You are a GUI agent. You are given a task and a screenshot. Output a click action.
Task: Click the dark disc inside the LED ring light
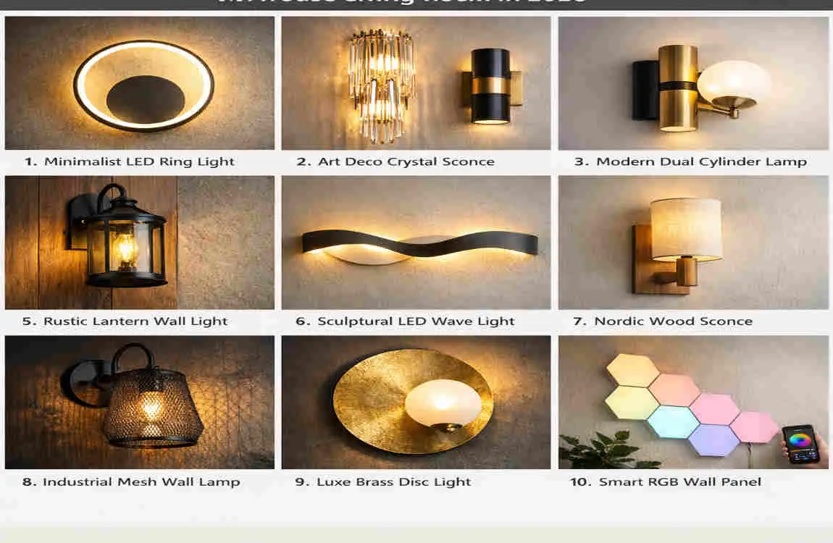tap(145, 99)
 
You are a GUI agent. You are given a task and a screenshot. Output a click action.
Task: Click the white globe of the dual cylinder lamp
tap(734, 81)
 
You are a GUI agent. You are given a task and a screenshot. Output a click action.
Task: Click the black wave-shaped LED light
tap(420, 243)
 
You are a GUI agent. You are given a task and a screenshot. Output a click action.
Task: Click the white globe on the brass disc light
tap(442, 403)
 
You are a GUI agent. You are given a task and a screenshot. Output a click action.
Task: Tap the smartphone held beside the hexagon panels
tap(800, 443)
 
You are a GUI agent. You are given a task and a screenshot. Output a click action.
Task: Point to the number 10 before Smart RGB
tap(581, 481)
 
